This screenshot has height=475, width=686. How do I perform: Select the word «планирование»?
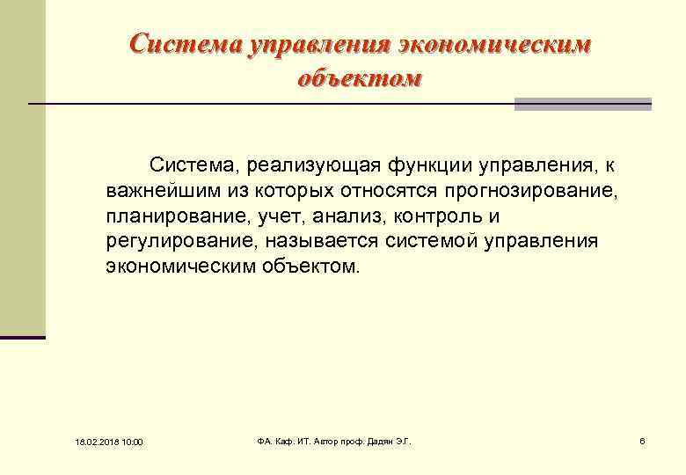[161, 216]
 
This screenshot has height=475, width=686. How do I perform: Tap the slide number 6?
[643, 440]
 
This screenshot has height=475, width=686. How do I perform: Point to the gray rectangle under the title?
[582, 104]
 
